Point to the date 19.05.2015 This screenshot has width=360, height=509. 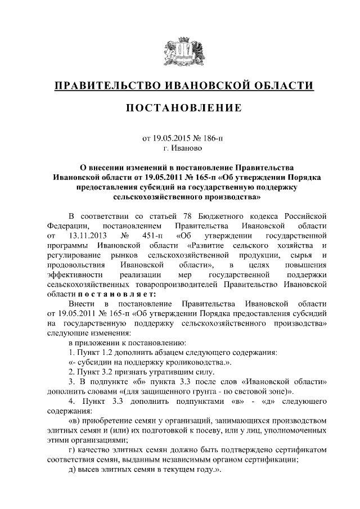[171, 138]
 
